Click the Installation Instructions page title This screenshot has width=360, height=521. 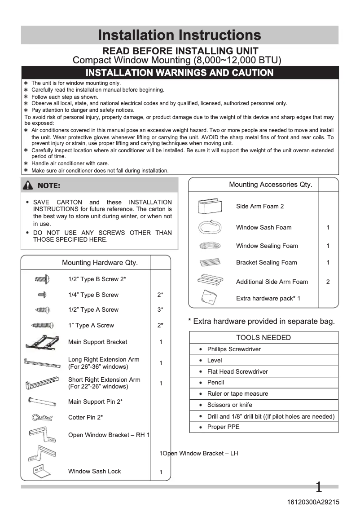click(x=180, y=35)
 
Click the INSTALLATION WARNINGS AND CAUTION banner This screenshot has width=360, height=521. click(x=180, y=73)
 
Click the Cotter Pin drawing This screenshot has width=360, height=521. click(x=42, y=418)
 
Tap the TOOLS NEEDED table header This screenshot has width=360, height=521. click(x=263, y=338)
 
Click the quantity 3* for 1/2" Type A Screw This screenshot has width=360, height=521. click(x=160, y=310)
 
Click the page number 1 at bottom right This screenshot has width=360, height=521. click(x=319, y=487)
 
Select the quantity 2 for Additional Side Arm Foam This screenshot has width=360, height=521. click(x=328, y=282)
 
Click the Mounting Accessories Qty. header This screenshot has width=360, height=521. click(x=270, y=185)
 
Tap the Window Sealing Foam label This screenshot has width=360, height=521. click(x=267, y=246)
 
